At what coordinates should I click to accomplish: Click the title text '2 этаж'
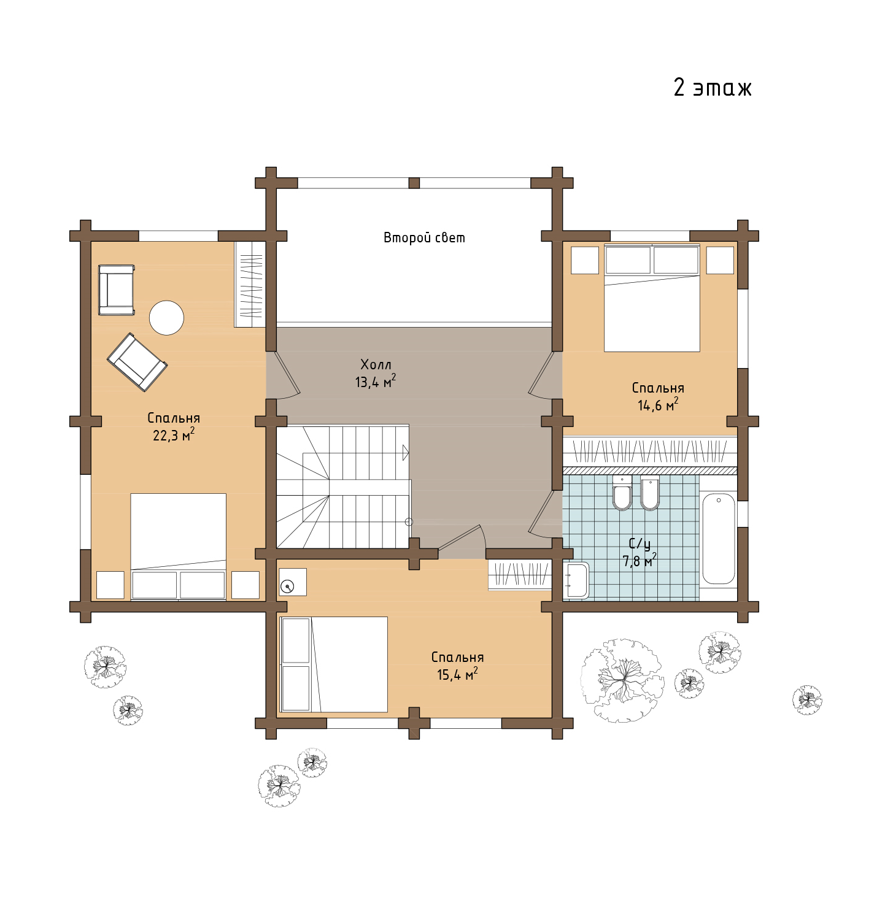point(712,87)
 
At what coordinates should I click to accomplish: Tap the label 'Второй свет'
point(424,237)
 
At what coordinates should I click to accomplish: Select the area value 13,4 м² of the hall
point(375,381)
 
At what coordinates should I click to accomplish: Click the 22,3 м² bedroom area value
point(173,434)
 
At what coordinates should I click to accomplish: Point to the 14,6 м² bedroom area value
point(657,404)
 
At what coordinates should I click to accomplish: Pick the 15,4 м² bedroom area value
point(457,674)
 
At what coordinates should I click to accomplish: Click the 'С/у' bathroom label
point(640,543)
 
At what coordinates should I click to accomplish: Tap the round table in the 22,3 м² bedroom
point(166,317)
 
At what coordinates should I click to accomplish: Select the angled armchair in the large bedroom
point(137,362)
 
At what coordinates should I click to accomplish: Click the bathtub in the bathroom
point(718,539)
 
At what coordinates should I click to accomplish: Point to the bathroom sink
point(576,580)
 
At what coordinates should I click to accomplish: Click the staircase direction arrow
point(406,453)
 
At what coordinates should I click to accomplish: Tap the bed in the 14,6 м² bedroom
point(652,298)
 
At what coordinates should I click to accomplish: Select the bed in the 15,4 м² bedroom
point(333,664)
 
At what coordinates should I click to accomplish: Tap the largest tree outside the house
point(622,680)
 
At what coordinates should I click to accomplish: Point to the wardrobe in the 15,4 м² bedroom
point(520,574)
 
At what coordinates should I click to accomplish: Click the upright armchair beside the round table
point(116,290)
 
